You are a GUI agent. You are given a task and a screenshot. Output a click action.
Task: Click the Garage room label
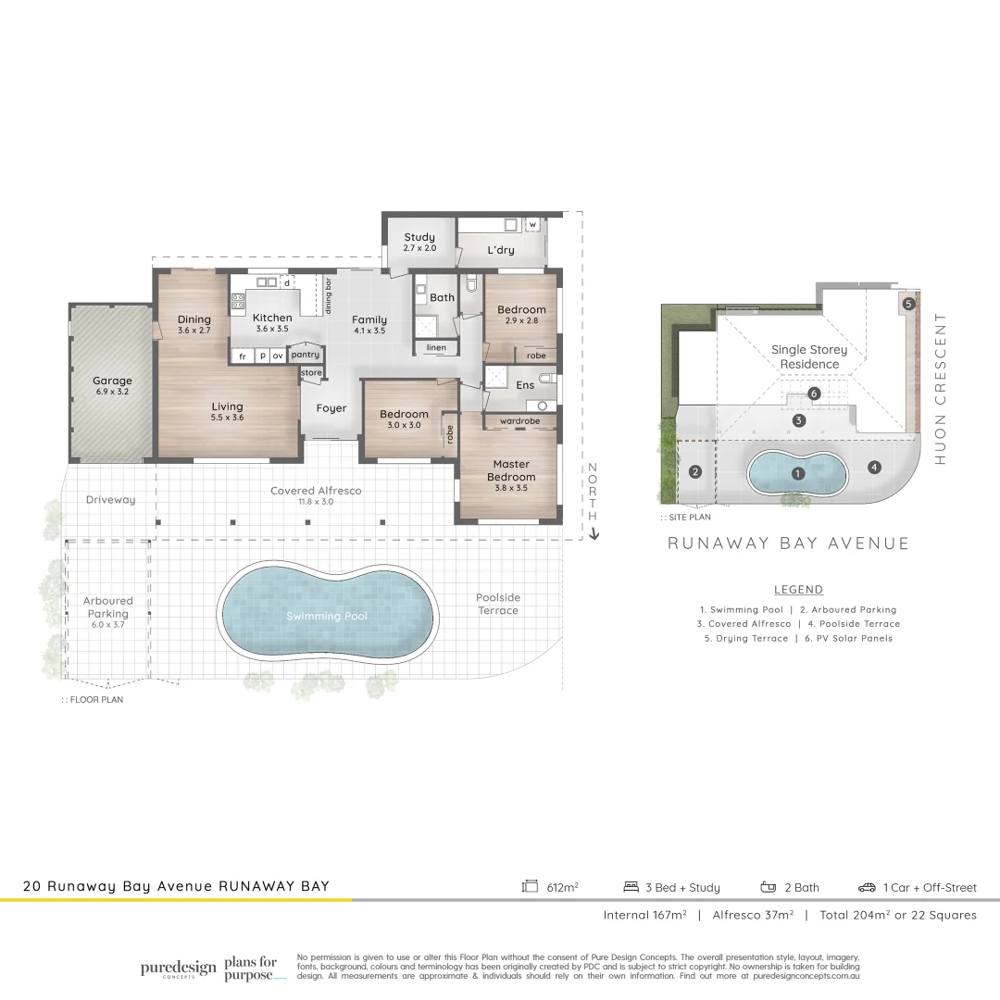coord(112,381)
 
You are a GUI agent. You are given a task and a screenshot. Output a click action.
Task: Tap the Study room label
coord(419,237)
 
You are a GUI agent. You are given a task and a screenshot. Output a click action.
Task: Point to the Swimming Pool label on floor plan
coord(327,616)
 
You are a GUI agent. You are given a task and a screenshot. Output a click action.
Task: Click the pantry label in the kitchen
coord(305,355)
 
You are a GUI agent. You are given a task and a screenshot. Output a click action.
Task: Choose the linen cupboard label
coord(436,348)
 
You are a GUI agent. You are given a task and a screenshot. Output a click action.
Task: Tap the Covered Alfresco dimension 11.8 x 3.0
coord(316,501)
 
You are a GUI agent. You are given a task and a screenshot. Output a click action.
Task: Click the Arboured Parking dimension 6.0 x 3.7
coord(108,625)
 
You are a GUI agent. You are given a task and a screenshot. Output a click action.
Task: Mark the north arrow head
coord(594,534)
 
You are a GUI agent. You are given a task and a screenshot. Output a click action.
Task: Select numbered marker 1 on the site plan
coord(797,473)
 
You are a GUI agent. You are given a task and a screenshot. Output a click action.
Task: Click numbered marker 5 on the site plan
coord(908,303)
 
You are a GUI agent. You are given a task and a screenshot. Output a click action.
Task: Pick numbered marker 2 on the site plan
coord(695,471)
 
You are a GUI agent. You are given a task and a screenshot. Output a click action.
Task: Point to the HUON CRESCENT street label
coord(941,388)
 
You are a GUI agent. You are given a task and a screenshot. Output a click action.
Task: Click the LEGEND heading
coord(798,590)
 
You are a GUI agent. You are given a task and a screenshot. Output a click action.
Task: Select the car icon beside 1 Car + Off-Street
coord(867,887)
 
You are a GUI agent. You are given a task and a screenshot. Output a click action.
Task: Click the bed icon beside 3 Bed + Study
coord(631,887)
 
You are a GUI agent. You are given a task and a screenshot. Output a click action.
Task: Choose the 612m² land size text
coord(562,887)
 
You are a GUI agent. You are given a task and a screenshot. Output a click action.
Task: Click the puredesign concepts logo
coord(178,969)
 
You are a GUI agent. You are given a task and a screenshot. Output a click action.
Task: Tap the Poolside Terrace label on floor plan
coord(498,604)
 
